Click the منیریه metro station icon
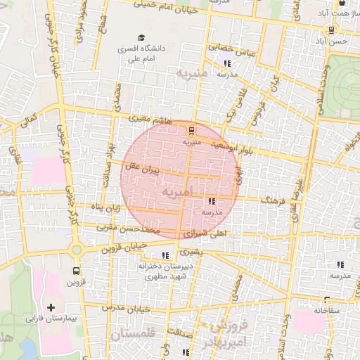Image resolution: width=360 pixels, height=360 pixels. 192,129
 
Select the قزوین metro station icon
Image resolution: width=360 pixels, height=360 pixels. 75,271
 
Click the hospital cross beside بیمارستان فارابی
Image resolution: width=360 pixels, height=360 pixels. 51,308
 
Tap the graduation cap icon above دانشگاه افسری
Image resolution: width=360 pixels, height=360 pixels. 142,38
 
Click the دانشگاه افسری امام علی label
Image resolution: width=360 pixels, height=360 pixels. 142,54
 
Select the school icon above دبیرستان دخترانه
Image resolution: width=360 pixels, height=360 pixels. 166,255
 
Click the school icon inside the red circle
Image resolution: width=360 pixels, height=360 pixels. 212,201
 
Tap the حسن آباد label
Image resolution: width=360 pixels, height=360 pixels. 330,41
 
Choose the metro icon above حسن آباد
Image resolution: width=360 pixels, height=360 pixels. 330,30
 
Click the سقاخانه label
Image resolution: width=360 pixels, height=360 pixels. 328,309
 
